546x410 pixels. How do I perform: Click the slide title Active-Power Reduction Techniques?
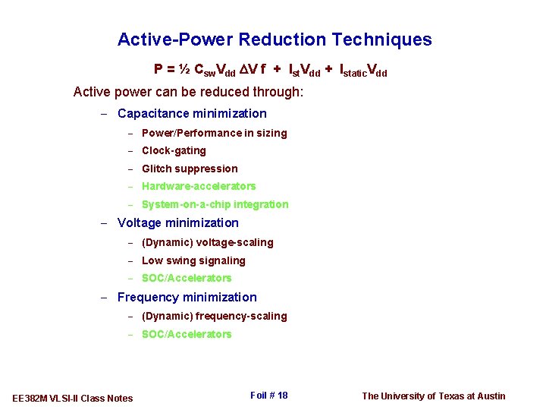(x=275, y=39)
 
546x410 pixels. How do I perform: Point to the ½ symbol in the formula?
(x=184, y=70)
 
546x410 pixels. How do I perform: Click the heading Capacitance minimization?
(x=192, y=114)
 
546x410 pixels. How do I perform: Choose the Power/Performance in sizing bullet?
(x=215, y=133)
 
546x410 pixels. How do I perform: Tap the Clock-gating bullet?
(x=174, y=150)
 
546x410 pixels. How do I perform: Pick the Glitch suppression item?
(x=190, y=169)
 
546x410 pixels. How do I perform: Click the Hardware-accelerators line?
(x=199, y=186)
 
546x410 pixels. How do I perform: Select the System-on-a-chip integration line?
(x=215, y=204)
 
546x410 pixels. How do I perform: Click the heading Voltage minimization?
(x=177, y=223)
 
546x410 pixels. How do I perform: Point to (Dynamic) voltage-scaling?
(x=208, y=243)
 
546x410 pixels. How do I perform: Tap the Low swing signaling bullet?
(x=193, y=260)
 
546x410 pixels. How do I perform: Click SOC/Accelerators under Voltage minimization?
(x=187, y=278)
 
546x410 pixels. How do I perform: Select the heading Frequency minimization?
(x=187, y=298)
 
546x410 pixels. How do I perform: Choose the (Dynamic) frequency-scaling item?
(x=215, y=316)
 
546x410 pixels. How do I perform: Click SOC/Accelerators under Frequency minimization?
(x=187, y=334)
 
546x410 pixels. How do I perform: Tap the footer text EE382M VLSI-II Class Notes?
(x=73, y=398)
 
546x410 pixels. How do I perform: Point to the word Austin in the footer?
(x=490, y=396)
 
